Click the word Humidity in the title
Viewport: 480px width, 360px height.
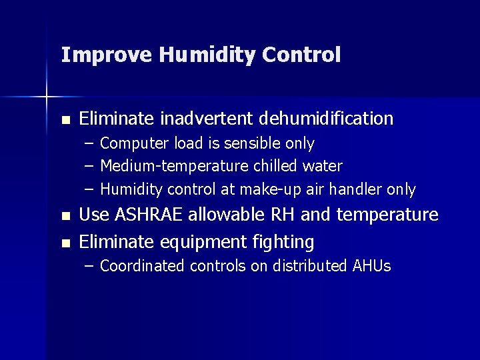tap(207, 55)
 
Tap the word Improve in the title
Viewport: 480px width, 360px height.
tap(107, 55)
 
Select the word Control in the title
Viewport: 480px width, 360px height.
tap(301, 55)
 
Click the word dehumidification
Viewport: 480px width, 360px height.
tap(326, 119)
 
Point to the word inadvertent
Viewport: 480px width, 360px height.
tap(206, 119)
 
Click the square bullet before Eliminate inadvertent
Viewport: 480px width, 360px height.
tap(65, 121)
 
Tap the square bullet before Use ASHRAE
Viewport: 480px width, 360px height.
tap(65, 217)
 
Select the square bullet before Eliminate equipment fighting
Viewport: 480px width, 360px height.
tap(65, 243)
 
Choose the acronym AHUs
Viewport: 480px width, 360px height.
tap(370, 266)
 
